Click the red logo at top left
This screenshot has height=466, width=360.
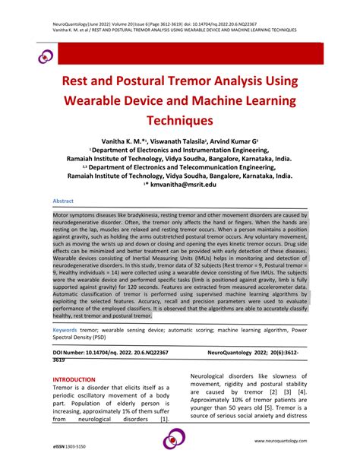(36, 55)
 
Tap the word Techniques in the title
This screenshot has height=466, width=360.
(180, 120)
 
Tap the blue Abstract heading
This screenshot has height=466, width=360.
(63, 201)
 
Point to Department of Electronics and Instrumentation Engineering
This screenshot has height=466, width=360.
(180, 152)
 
